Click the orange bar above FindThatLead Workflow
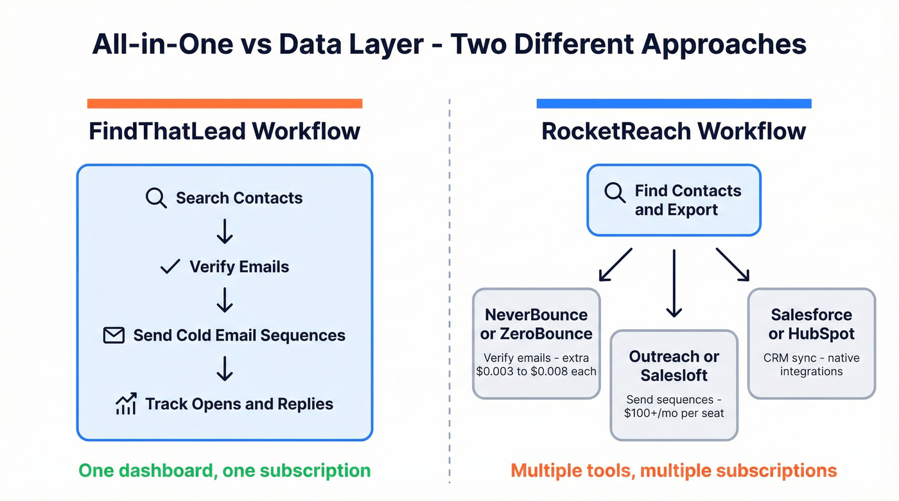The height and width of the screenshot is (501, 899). pos(224,103)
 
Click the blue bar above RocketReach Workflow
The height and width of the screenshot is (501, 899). pos(674,103)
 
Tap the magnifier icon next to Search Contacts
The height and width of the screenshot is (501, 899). pos(156,198)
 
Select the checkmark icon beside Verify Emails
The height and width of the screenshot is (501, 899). pos(170,266)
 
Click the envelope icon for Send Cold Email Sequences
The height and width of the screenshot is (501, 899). pos(114,335)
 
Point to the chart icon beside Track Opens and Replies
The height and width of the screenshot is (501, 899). pos(125,403)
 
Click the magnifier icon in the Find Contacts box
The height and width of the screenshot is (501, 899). pos(615,192)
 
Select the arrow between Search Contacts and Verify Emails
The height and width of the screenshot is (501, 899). pos(224,232)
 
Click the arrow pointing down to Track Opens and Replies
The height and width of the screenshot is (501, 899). pos(224,369)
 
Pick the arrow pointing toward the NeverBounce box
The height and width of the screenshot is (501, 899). pos(615,265)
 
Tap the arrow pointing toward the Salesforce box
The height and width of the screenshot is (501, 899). pos(733,265)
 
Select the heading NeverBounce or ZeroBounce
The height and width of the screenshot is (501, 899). pos(536,324)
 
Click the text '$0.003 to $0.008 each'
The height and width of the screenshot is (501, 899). pos(536,371)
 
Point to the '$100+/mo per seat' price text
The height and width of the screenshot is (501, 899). pos(674,413)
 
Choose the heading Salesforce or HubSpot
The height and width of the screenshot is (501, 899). pos(811,324)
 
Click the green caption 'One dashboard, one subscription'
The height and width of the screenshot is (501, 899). pos(224,470)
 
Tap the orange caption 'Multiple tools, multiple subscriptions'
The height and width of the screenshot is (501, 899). pos(674,470)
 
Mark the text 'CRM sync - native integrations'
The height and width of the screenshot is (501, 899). pos(811,364)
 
